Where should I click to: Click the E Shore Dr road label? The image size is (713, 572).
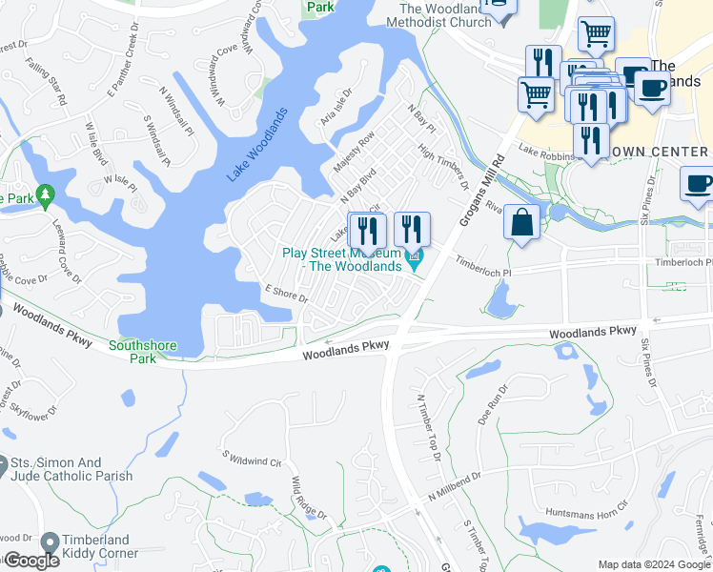(x=287, y=293)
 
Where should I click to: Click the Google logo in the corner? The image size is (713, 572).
(x=31, y=561)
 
